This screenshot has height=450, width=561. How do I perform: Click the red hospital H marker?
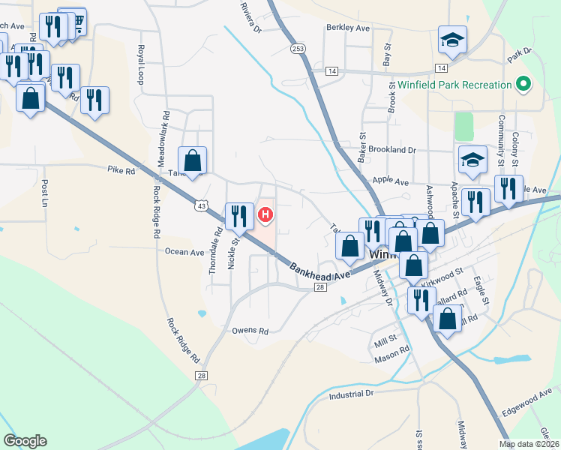coord(265,216)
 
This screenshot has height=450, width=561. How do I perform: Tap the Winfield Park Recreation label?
coord(454,85)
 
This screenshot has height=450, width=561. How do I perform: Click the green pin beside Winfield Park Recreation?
coord(523,84)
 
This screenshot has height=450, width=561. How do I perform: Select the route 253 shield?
coord(298,48)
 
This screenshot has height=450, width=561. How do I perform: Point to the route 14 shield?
coord(331,70)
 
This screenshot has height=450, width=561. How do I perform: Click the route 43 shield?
coord(201,204)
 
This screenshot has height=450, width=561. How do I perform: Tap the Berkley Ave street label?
coord(348,28)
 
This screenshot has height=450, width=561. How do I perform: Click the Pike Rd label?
coord(120,171)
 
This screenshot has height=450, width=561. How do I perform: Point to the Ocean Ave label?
coord(184,252)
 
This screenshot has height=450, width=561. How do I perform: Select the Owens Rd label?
coord(250,330)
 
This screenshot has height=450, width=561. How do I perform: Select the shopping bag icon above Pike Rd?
coord(193,160)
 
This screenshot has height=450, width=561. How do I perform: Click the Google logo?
coord(25,441)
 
